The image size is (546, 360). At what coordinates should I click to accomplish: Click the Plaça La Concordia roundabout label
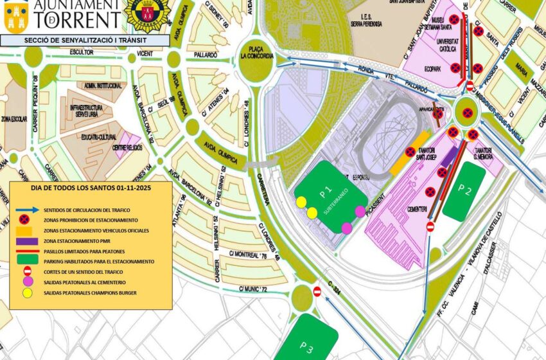click(x=257, y=51)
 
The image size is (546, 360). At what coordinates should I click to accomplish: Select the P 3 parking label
click(x=306, y=348)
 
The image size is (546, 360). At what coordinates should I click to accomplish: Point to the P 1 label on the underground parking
click(x=326, y=190)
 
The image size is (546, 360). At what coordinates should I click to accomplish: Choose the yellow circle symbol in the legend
click(x=26, y=293)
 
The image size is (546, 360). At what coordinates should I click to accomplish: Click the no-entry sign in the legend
click(x=26, y=272)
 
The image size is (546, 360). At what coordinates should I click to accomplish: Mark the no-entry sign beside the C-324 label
click(x=317, y=291)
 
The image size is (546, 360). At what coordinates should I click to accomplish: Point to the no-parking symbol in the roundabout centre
click(x=468, y=113)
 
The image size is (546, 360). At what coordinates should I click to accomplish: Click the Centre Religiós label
click(x=127, y=147)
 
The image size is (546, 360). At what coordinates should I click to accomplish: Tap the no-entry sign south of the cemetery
click(x=430, y=226)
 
